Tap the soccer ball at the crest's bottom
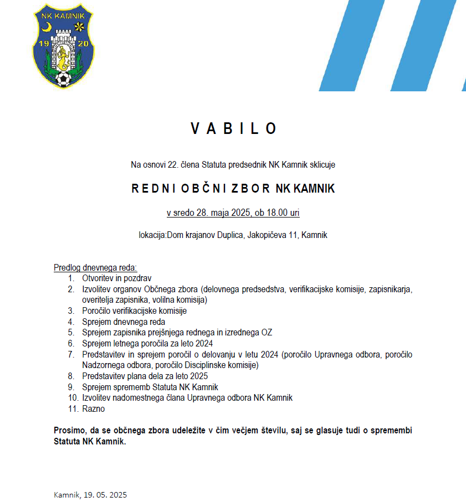(x=64, y=80)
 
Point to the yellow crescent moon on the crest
(x=48, y=26)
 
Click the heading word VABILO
(x=233, y=128)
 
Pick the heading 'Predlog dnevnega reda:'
(x=95, y=268)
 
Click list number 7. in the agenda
(x=71, y=355)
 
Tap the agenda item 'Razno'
(x=93, y=409)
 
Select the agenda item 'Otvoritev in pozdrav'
(x=116, y=278)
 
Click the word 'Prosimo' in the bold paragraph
(x=70, y=431)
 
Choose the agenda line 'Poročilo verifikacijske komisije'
(x=134, y=311)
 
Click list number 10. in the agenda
(x=73, y=398)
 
